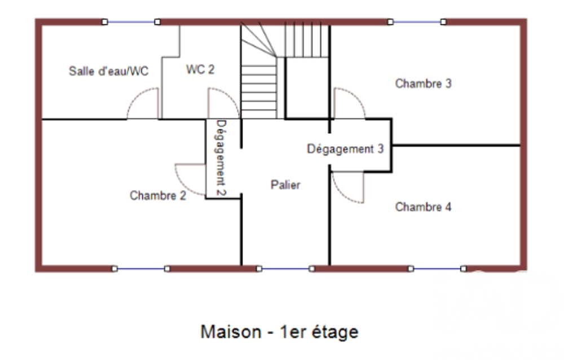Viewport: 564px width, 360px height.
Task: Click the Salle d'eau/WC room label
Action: pos(109,71)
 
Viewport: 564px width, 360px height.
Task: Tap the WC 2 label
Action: pos(200,69)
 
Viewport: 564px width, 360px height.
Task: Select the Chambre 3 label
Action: pos(424,84)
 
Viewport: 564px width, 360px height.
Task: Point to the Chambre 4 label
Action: pos(424,207)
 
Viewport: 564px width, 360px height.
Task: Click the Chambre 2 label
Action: pos(158,195)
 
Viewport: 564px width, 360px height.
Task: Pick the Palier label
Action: pos(285,185)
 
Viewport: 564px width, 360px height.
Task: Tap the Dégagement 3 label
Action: pos(345,149)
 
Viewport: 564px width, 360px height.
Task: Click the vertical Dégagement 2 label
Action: pos(221,158)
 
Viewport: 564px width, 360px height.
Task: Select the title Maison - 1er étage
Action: pos(280,332)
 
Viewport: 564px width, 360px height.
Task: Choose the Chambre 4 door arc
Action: pos(341,195)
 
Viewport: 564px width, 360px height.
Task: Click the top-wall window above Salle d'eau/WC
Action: pos(131,22)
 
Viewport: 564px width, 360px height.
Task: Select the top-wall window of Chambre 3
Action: pos(417,22)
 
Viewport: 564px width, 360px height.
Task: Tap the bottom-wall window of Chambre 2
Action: pos(140,269)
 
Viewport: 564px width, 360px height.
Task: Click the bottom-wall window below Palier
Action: pos(285,269)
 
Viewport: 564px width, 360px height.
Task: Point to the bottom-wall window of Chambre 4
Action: pos(437,269)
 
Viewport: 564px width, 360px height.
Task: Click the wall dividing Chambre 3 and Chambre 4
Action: pos(456,146)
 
